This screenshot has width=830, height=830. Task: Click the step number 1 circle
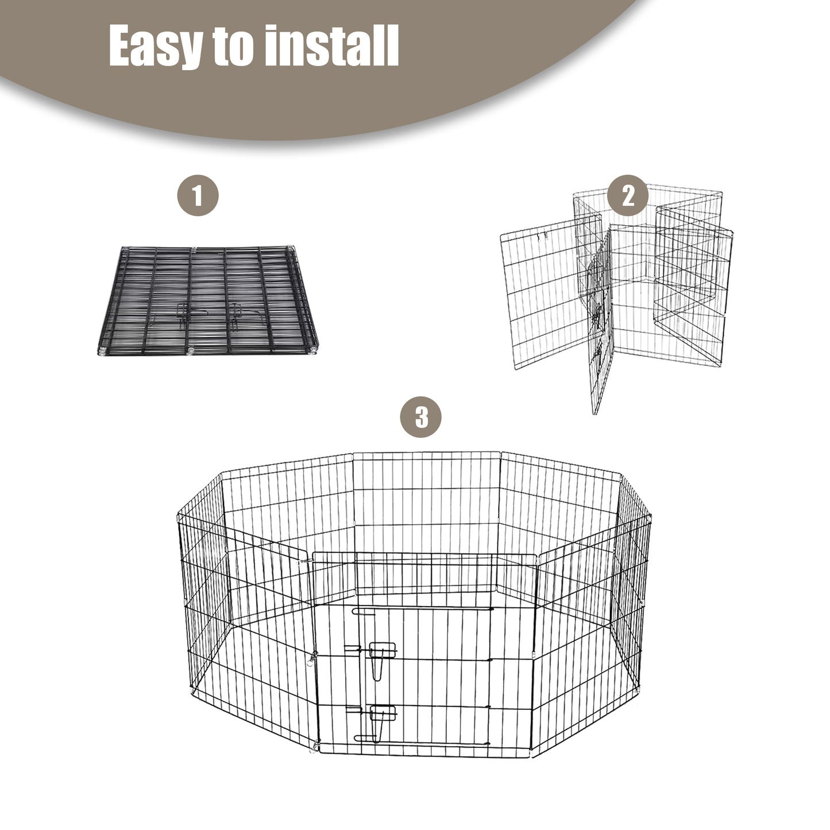[198, 195]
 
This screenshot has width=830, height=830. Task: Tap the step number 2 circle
[628, 196]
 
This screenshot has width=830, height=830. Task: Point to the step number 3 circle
[421, 417]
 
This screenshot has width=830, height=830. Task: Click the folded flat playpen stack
[208, 300]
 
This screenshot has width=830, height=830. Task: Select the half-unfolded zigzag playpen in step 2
[616, 297]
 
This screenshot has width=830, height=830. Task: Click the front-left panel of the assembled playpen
[248, 633]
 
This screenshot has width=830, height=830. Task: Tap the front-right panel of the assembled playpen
[592, 633]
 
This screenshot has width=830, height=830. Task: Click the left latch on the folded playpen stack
[183, 316]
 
